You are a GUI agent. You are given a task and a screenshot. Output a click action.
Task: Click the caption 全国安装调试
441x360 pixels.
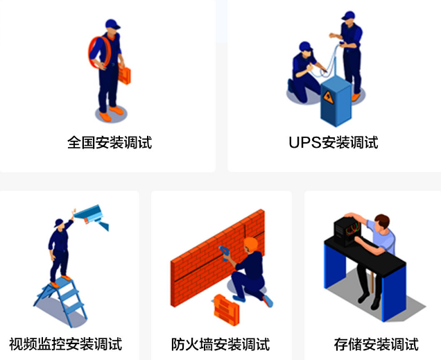point(110,142)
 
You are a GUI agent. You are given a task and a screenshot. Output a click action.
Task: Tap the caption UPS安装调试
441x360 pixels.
point(334,142)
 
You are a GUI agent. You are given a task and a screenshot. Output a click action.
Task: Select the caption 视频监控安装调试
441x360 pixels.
point(66,344)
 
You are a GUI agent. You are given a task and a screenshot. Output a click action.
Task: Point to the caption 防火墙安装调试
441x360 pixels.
point(220,344)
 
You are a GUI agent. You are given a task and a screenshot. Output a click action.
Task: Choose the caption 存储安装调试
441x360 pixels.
point(377,344)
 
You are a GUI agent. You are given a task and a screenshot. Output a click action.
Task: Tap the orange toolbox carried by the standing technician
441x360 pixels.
point(124,74)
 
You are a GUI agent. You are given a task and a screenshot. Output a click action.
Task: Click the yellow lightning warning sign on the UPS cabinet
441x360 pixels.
point(328,96)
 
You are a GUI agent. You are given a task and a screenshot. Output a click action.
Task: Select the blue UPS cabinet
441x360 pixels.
point(336,101)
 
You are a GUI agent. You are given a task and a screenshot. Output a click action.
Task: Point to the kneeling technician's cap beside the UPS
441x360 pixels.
point(305,46)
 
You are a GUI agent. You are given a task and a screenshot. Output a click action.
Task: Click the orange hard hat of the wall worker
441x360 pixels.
point(250,243)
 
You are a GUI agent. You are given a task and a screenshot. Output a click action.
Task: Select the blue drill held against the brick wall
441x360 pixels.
point(223,252)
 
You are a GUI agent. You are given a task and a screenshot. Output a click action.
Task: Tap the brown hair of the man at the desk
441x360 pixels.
point(383,220)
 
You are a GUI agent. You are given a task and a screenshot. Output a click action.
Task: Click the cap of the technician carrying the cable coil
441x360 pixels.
point(112,24)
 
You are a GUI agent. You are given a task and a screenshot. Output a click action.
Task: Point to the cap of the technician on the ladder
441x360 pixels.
point(59,223)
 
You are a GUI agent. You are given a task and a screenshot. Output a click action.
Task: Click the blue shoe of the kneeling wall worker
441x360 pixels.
point(268,301)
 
